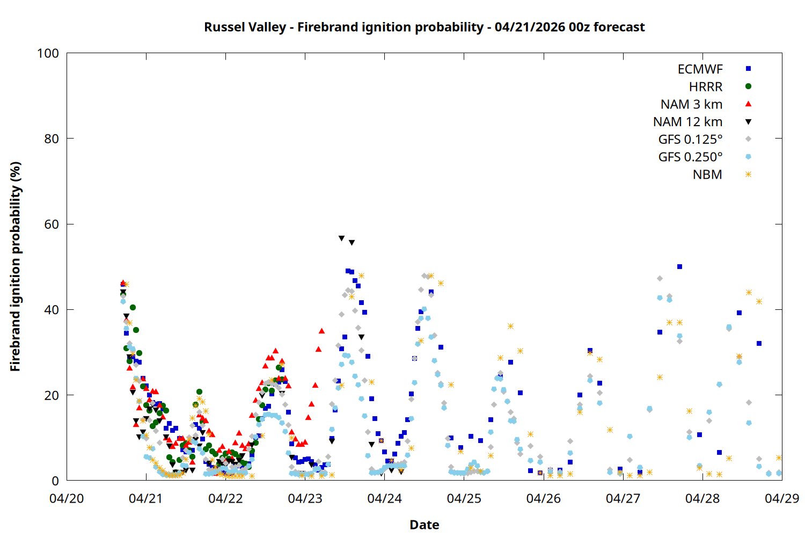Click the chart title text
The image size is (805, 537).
pos(424,27)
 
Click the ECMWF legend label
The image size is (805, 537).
pos(700,69)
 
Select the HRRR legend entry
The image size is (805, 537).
pos(706,87)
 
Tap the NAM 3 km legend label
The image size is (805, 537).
pos(691,104)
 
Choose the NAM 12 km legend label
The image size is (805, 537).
pos(687,122)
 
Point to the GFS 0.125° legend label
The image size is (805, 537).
pos(690,140)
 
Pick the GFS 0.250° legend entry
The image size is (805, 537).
pos(690,157)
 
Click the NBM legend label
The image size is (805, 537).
pos(707,175)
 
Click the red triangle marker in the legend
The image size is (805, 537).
pos(748,104)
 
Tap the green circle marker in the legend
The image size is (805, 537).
pos(748,86)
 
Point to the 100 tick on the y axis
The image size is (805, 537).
pos(48,53)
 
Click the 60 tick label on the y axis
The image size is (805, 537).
pos(52,224)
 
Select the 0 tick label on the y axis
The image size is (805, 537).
pos(55,481)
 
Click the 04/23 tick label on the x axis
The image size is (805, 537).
pos(305,498)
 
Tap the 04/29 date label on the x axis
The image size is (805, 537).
pos(782,498)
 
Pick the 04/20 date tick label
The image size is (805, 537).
pos(67,498)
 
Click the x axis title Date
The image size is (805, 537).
pos(424,525)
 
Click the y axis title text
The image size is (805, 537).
pos(15,266)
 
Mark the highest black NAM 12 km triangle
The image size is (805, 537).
pos(341,238)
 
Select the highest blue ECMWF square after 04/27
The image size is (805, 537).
pos(679,266)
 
